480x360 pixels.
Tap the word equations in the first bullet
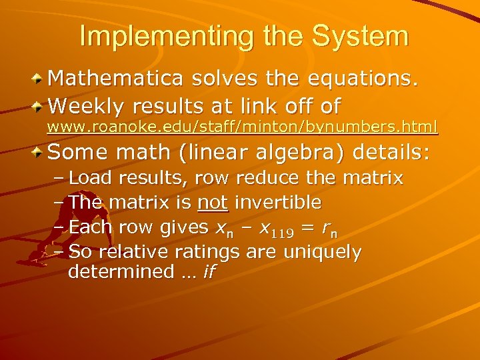coord(361,79)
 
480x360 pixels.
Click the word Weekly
coord(85,105)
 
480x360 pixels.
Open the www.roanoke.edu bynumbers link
coord(246,126)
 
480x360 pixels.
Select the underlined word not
coord(213,202)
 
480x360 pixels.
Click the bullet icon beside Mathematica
coord(39,80)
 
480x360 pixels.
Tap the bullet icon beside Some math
coord(39,153)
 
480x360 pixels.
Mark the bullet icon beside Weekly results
coord(39,106)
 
